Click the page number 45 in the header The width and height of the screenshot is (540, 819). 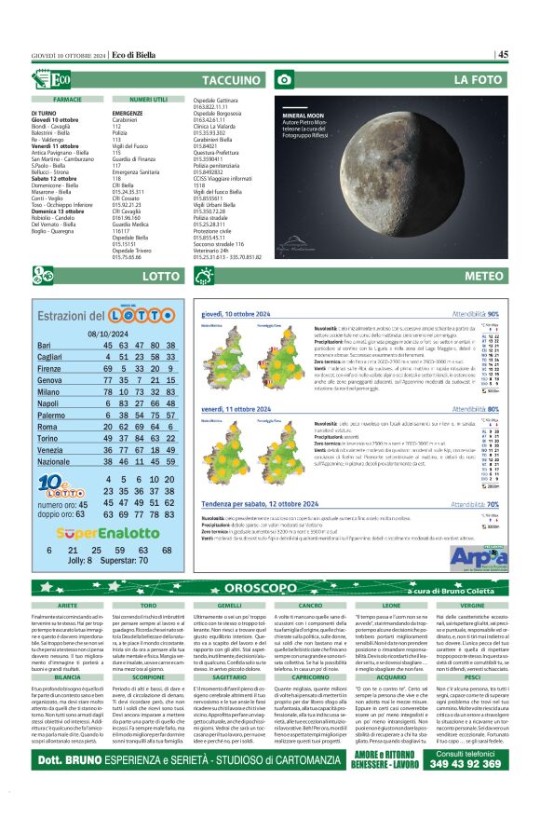[503, 55]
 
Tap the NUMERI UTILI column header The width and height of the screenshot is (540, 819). [148, 98]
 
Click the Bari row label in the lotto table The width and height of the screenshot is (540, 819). [44, 346]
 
